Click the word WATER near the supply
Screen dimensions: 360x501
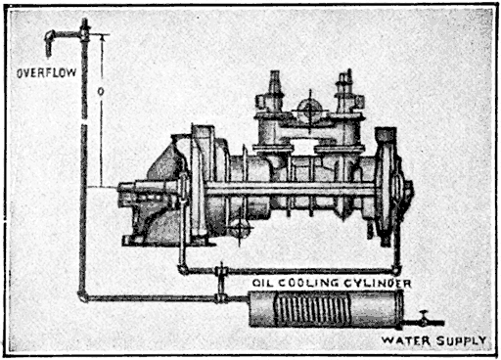pos(404,340)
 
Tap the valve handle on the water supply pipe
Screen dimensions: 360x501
pos(423,315)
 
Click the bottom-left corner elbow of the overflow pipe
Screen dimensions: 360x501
pos(83,297)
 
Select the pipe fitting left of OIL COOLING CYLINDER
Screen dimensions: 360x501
pos(223,271)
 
